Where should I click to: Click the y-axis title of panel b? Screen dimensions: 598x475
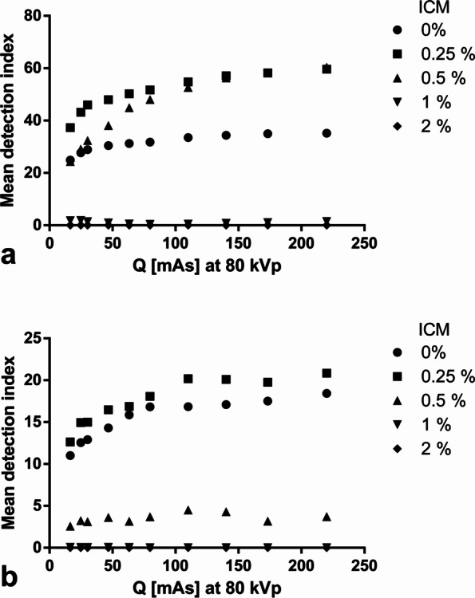coord(12,443)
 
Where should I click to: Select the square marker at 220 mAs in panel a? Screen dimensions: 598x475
coord(327,69)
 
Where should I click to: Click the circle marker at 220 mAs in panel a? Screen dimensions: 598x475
coord(327,133)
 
